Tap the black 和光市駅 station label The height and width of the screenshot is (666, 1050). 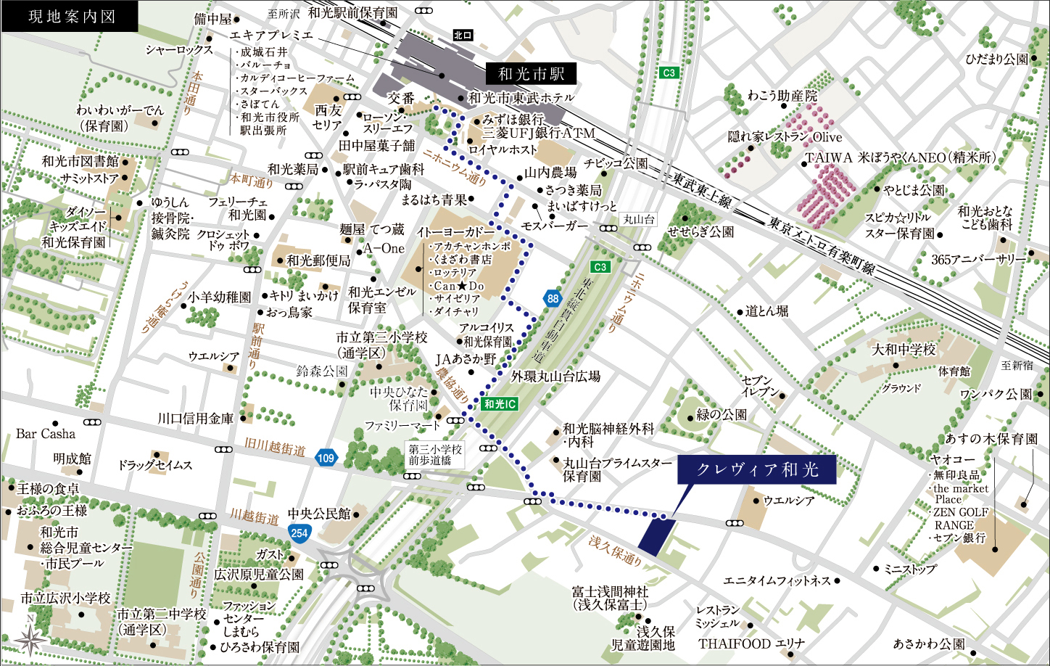[532, 73]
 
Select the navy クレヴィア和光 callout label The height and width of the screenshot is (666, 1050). [757, 469]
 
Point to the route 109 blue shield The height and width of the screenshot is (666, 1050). [326, 458]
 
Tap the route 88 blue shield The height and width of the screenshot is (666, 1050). [553, 299]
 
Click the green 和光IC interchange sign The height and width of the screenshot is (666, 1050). [500, 404]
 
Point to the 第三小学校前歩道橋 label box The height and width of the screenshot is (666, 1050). [435, 455]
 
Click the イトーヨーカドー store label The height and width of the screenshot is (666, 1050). [456, 232]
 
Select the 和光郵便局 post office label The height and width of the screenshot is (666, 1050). [318, 260]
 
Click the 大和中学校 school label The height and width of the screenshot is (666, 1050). [904, 350]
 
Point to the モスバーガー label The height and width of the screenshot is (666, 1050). [555, 226]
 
